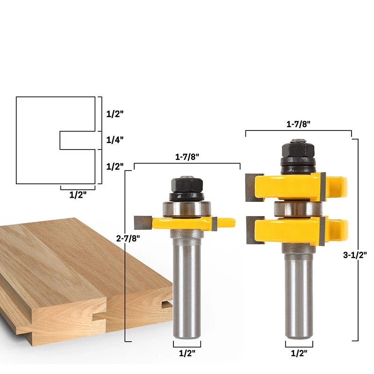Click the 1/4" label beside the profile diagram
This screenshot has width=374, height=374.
pyautogui.click(x=115, y=140)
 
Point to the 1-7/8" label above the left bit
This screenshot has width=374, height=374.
pyautogui.click(x=187, y=158)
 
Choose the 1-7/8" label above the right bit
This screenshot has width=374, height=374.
pyautogui.click(x=298, y=125)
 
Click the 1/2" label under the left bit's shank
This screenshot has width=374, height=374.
pyautogui.click(x=187, y=353)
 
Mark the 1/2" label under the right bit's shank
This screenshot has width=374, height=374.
pyautogui.click(x=299, y=353)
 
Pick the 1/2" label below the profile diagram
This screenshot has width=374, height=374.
pyautogui.click(x=78, y=195)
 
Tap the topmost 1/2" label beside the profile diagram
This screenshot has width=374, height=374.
pyautogui.click(x=115, y=114)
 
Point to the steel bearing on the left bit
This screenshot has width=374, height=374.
pyautogui.click(x=187, y=209)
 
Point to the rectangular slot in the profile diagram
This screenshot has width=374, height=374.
pyautogui.click(x=77, y=140)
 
